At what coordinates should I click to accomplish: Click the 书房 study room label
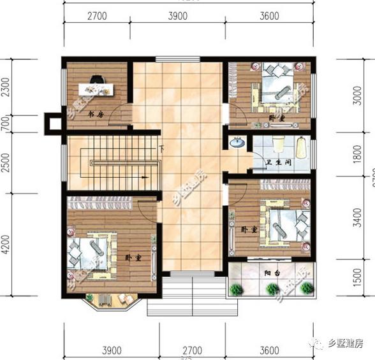(96, 115)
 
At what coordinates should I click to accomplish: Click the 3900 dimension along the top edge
(177, 16)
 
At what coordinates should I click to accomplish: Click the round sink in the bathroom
(237, 143)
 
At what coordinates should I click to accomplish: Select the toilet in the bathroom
(279, 144)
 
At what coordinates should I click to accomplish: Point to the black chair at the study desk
(97, 81)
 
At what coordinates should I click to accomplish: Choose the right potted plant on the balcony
(307, 289)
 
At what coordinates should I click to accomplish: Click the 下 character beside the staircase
(161, 150)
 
